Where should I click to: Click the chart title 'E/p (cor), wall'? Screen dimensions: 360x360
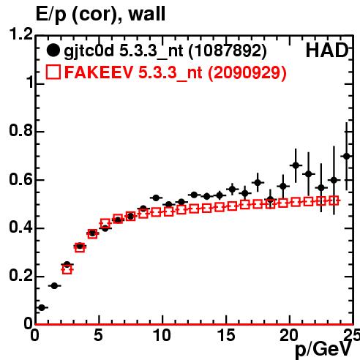tap(100, 14)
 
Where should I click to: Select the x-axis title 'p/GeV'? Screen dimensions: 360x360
tap(323, 349)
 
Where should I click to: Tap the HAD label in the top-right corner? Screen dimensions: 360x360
tap(327, 50)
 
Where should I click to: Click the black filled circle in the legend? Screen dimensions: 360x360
tap(53, 50)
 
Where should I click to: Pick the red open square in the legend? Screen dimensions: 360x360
tap(53, 72)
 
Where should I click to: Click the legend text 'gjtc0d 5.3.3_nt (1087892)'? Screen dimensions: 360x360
tap(165, 51)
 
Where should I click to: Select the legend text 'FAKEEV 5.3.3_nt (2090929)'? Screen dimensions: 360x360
tap(176, 72)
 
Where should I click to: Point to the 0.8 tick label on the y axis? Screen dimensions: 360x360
tap(20, 130)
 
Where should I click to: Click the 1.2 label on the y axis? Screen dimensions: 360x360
tap(20, 34)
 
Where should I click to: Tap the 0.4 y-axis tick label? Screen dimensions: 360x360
tap(20, 227)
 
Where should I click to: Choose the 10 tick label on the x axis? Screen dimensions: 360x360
tap(162, 335)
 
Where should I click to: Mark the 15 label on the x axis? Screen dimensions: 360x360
tap(226, 335)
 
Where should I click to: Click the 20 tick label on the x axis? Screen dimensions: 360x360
tap(289, 335)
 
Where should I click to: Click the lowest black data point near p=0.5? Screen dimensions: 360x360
tap(42, 307)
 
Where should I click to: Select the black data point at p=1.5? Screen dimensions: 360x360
tap(54, 285)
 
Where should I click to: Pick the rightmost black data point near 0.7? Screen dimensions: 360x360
tap(347, 156)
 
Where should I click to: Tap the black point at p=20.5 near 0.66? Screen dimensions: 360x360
tap(296, 165)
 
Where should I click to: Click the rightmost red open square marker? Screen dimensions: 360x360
tap(334, 200)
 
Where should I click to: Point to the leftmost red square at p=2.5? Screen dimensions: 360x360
tap(67, 269)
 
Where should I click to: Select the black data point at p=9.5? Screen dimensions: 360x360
tap(156, 198)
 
